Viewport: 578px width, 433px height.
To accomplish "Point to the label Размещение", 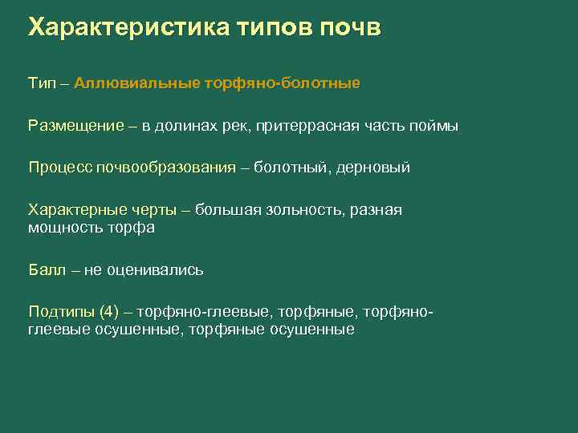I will click(x=76, y=126).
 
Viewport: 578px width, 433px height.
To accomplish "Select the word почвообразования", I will click(x=167, y=168).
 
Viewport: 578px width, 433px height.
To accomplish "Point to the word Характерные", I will click(x=76, y=210).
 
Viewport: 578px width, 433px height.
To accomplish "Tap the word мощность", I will click(x=64, y=228).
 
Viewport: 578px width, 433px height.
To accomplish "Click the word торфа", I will click(x=130, y=228).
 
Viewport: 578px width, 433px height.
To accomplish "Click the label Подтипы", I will click(x=62, y=311).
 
